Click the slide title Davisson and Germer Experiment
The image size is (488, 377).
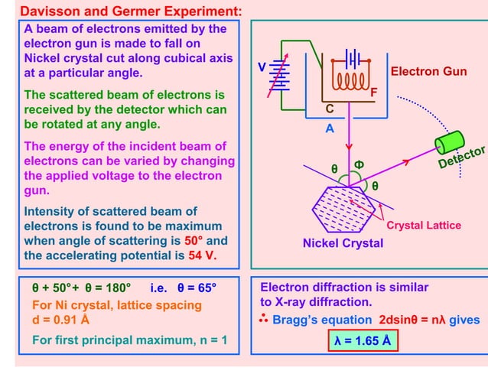point(131,11)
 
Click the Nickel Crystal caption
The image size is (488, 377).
point(343,243)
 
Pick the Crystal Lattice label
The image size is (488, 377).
point(424,225)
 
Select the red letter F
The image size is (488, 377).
point(374,93)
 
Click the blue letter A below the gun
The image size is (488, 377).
point(330,129)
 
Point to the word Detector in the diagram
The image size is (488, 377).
point(463,159)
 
